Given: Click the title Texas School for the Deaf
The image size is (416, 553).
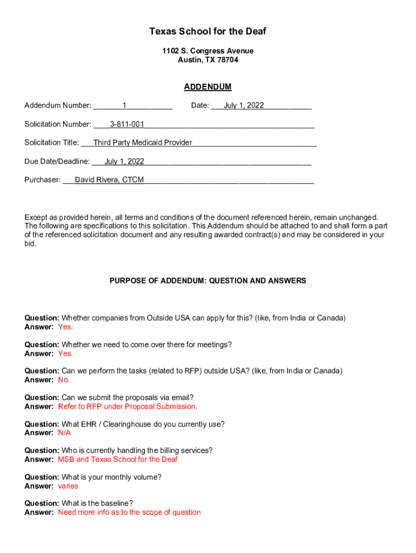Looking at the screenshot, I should (x=207, y=32).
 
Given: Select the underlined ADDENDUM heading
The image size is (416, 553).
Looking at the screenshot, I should (x=207, y=87).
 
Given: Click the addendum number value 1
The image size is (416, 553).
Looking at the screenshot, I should (x=124, y=106).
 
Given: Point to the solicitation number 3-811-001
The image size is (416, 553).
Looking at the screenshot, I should (x=127, y=125).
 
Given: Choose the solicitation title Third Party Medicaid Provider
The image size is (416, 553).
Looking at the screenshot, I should (x=143, y=143).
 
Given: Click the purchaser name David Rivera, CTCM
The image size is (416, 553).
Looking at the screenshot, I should (x=109, y=180).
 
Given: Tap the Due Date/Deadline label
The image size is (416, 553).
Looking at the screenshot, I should (x=57, y=161).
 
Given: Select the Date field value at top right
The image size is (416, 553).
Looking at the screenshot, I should (x=244, y=106).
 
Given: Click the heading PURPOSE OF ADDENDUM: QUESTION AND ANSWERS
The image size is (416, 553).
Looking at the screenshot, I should (x=207, y=281).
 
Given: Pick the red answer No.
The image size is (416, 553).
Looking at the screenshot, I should (x=64, y=380).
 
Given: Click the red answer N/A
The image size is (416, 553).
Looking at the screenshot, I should (x=64, y=433).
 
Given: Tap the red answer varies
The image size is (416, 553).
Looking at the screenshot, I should (x=68, y=486).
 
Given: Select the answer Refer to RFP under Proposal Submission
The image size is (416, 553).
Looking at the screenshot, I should (x=128, y=407).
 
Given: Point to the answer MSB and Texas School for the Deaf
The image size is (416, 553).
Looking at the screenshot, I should (x=118, y=460).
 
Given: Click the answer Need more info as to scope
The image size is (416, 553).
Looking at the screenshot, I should (x=129, y=512).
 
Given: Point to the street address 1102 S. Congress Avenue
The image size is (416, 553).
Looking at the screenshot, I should (x=207, y=51).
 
